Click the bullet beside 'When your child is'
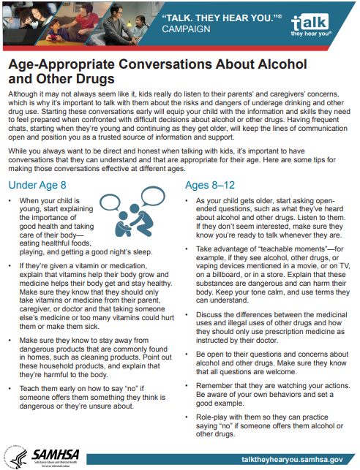10,200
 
